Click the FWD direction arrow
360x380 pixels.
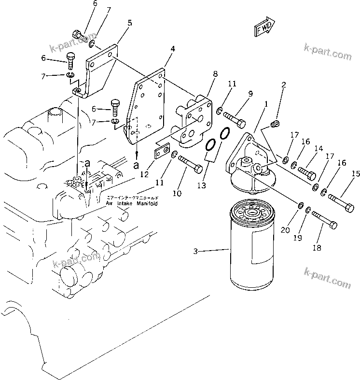click(x=263, y=28)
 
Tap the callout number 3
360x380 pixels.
click(x=195, y=251)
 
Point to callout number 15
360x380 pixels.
click(x=356, y=173)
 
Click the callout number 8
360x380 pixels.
click(x=215, y=73)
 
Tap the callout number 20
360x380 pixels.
click(x=286, y=230)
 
